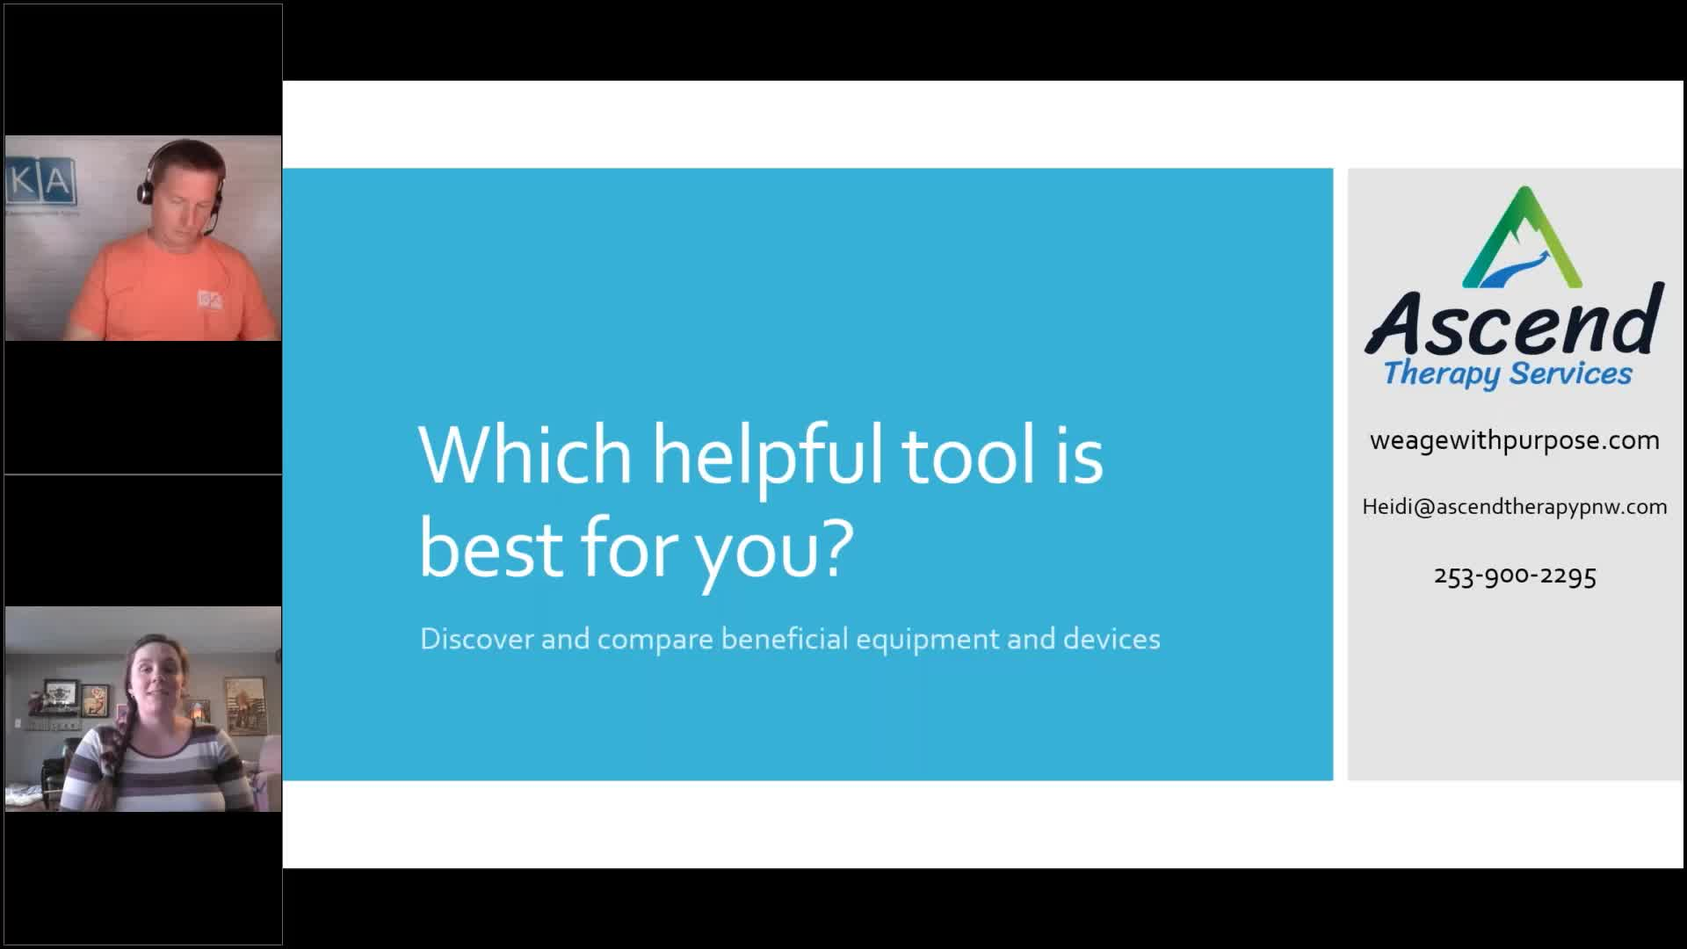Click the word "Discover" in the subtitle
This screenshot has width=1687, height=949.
[x=477, y=638]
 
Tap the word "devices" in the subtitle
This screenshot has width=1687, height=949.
[x=1111, y=638]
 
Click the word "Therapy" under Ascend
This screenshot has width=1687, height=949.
[x=1442, y=373]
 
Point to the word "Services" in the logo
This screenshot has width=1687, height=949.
[x=1571, y=373]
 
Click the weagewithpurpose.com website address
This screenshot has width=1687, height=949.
[x=1515, y=440]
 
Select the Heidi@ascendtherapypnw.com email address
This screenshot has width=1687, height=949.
[x=1515, y=507]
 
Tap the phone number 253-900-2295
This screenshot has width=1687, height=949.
[x=1515, y=576]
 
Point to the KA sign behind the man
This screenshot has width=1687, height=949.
[x=41, y=183]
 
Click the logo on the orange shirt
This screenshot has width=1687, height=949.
[x=210, y=300]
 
